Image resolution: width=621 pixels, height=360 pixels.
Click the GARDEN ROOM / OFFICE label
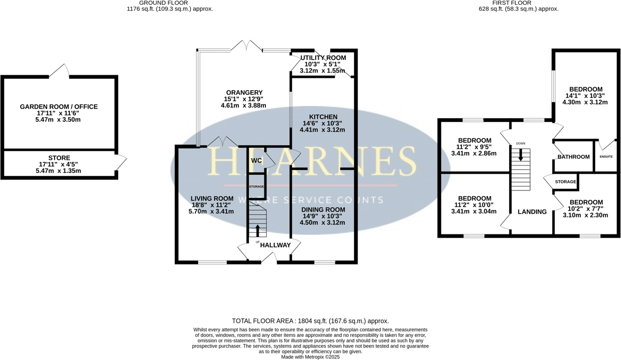59,107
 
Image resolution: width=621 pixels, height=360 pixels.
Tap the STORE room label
59,158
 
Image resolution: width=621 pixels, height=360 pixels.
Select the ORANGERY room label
243,93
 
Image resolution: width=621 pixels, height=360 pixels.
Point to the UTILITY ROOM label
322,57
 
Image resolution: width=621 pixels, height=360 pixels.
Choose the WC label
256,161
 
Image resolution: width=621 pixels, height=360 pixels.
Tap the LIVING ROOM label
211,198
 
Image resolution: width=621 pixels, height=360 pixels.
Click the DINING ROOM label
322,210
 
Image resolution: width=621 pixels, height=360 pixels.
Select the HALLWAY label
275,245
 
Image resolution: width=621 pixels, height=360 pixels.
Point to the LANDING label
532,212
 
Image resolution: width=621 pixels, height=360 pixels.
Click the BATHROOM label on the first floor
573,157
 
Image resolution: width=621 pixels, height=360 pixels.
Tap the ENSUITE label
606,157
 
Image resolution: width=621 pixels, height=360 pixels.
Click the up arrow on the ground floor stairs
258,230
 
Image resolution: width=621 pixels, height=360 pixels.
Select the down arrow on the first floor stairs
521,156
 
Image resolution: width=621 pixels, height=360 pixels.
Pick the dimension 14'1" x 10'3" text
585,95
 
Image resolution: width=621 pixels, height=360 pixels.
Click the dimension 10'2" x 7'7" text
586,209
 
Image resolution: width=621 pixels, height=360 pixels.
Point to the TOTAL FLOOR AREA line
310,321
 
